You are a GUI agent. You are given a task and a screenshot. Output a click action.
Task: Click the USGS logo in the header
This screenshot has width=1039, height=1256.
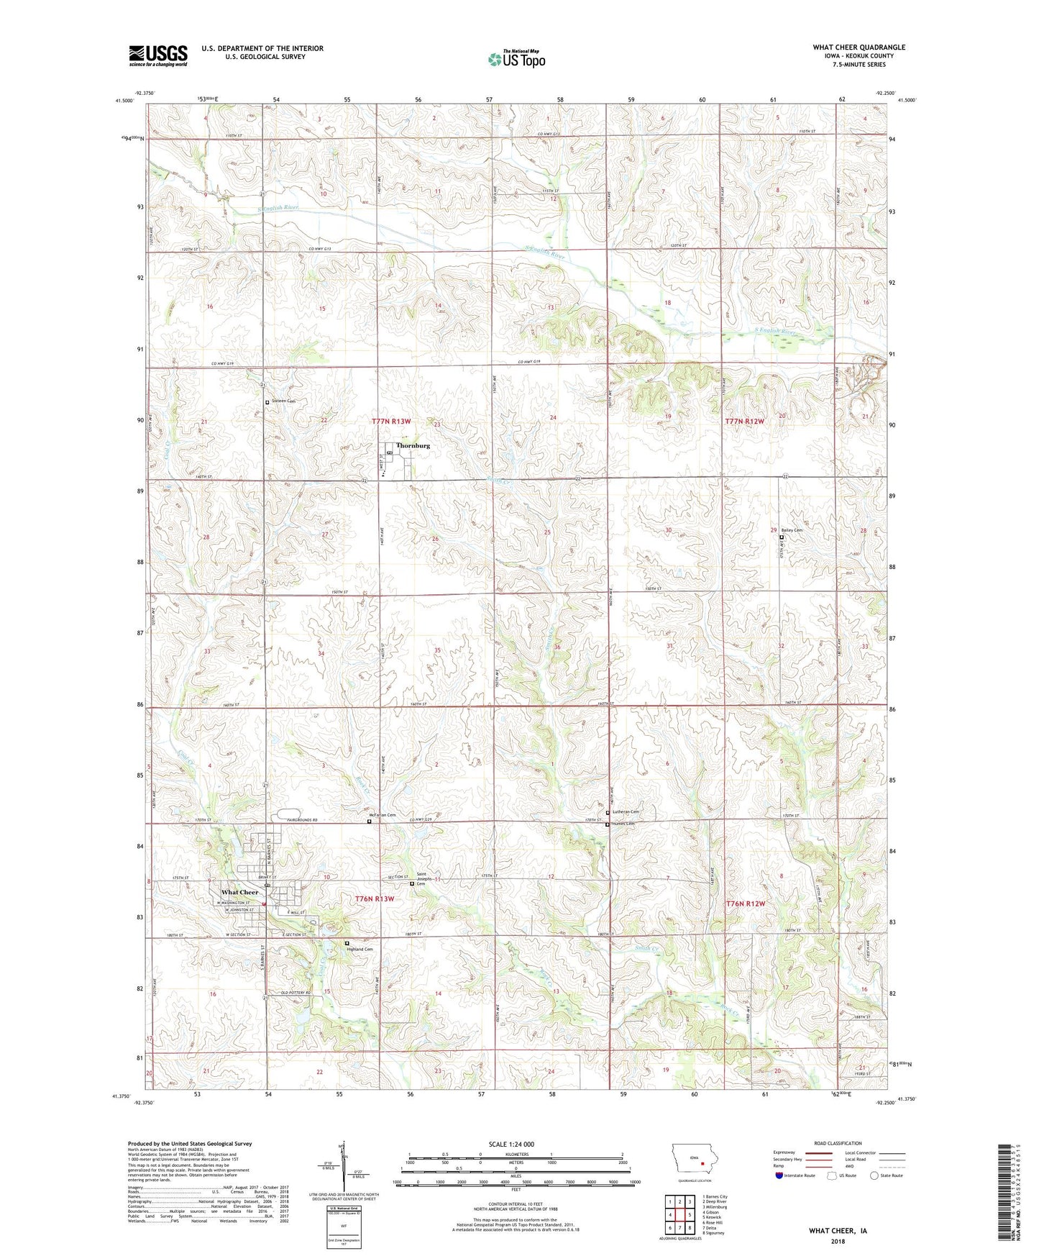click(x=158, y=55)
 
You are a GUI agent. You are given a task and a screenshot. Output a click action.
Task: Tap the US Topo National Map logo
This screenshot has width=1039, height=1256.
click(x=516, y=58)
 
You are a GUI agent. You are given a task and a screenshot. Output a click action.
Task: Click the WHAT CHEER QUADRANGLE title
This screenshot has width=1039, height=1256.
click(x=859, y=47)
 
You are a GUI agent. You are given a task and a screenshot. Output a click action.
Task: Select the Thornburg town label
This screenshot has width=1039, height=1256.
click(x=413, y=445)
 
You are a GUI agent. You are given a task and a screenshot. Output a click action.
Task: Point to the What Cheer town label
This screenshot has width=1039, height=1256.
click(x=239, y=892)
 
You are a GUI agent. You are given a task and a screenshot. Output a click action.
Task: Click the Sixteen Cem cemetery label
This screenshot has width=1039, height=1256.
click(x=284, y=401)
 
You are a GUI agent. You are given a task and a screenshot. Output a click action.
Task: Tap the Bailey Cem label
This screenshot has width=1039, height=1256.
click(x=792, y=530)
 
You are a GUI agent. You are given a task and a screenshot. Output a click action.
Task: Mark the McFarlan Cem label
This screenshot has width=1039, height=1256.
click(x=383, y=815)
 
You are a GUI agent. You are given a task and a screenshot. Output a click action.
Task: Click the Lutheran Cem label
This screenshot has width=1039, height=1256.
click(x=625, y=811)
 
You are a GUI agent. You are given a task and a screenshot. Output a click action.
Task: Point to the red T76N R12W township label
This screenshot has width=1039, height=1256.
click(x=746, y=904)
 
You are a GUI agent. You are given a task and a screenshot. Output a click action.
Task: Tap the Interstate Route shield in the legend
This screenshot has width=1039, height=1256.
click(x=779, y=1175)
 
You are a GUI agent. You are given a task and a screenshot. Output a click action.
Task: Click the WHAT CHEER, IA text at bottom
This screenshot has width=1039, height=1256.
click(x=838, y=1231)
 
